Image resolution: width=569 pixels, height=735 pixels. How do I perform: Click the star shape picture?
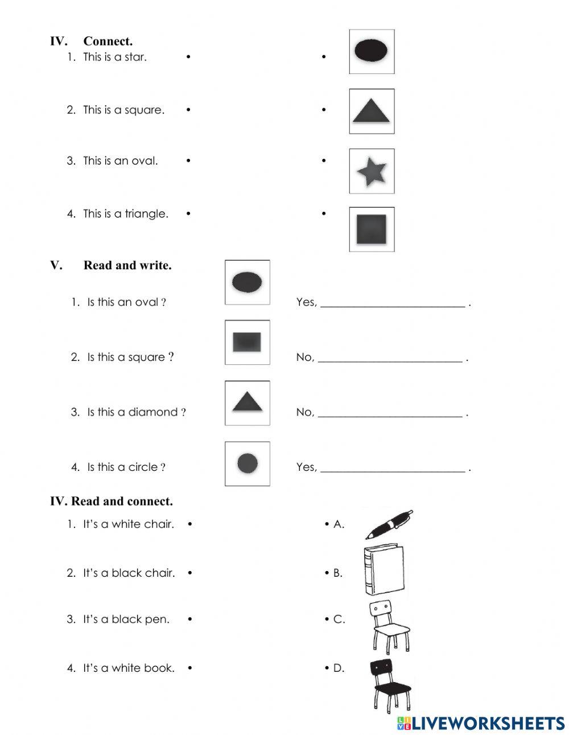pyautogui.click(x=372, y=171)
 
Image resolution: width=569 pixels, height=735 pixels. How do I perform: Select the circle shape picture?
pyautogui.click(x=248, y=463)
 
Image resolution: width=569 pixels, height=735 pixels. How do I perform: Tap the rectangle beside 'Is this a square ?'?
pyautogui.click(x=247, y=342)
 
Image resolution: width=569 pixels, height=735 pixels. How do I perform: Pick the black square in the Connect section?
pyautogui.click(x=372, y=229)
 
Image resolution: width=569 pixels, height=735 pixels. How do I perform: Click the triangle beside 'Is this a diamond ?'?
pyautogui.click(x=247, y=403)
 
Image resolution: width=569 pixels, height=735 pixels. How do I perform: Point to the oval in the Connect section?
pyautogui.click(x=372, y=51)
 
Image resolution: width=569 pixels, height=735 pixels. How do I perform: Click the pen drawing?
pyautogui.click(x=389, y=524)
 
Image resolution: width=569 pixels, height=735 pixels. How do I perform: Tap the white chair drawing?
pyautogui.click(x=390, y=626)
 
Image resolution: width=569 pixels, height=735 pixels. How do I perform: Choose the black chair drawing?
pyautogui.click(x=391, y=683)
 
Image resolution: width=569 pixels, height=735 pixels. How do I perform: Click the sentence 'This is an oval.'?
pyautogui.click(x=120, y=161)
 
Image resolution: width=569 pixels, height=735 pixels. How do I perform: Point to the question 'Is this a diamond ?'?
pyautogui.click(x=136, y=412)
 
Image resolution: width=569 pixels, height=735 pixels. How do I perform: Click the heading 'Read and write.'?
pyautogui.click(x=127, y=265)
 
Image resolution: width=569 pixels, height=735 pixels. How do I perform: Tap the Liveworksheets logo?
pyautogui.click(x=481, y=723)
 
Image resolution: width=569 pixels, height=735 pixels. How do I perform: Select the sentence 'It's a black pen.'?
pyautogui.click(x=126, y=619)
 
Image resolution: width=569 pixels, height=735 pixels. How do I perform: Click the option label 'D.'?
pyautogui.click(x=339, y=668)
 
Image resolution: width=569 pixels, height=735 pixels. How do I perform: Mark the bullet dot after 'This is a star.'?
pyautogui.click(x=188, y=57)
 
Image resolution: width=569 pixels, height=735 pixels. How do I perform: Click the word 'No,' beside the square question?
pyautogui.click(x=305, y=358)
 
